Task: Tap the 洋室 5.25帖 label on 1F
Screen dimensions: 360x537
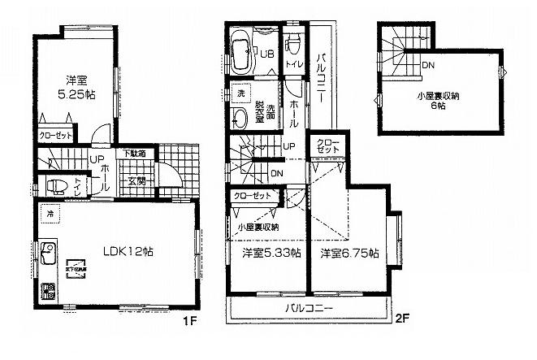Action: pos(78,88)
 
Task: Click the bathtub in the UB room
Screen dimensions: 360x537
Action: pos(242,53)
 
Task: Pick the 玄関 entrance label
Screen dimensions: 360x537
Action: pos(136,181)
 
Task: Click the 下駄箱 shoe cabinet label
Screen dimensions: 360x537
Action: pos(135,154)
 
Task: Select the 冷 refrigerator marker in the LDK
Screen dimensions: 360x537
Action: pos(50,215)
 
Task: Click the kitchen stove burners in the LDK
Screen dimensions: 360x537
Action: pos(45,290)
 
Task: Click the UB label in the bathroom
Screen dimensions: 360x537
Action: pos(266,54)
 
